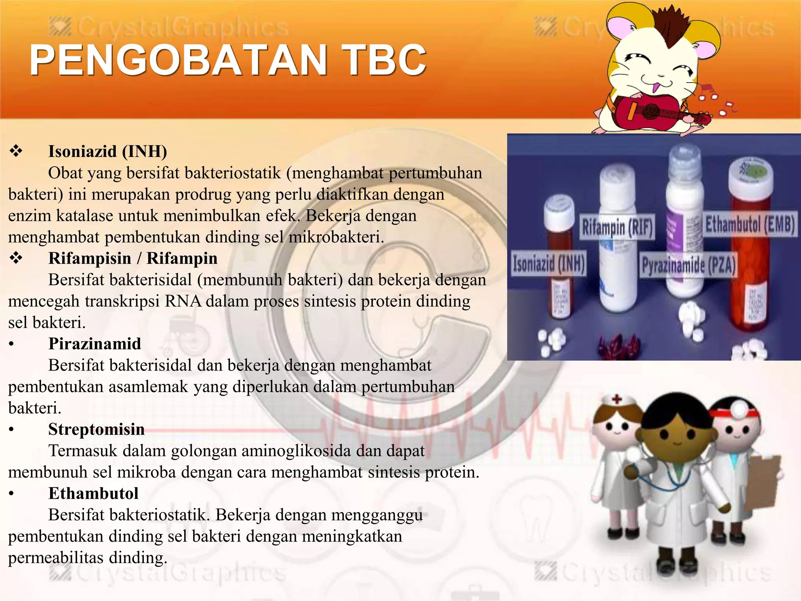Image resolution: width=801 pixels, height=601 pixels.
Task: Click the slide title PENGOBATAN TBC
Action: click(228, 59)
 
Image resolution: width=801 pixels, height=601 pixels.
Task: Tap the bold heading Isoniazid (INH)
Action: click(108, 151)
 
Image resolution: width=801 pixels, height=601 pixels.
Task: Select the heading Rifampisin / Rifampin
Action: click(133, 258)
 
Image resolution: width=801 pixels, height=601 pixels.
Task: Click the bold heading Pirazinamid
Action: click(95, 344)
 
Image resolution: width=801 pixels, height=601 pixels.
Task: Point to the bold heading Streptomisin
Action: click(96, 429)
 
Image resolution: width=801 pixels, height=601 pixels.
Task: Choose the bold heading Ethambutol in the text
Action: click(93, 493)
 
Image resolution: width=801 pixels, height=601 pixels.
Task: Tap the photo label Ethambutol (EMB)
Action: click(749, 225)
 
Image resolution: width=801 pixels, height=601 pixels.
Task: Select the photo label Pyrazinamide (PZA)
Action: click(688, 265)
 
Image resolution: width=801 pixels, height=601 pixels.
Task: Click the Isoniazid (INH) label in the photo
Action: click(549, 263)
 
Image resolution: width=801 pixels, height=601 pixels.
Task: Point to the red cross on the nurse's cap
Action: click(617, 399)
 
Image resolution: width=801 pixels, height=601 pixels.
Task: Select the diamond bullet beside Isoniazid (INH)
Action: click(16, 151)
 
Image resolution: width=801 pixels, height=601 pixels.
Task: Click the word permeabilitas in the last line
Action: click(56, 558)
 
